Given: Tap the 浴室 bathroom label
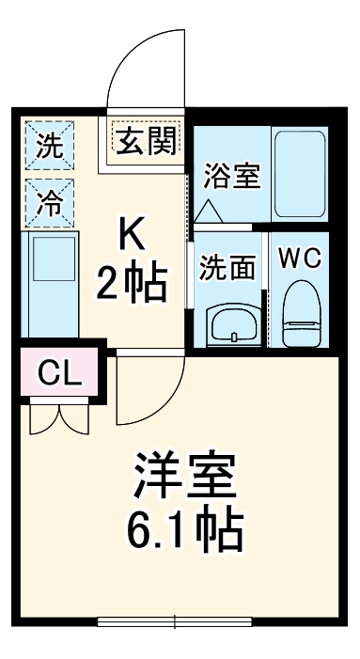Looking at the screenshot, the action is [231, 176].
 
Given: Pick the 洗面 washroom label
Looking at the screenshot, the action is [227, 267].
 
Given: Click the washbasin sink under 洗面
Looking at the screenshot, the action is [229, 324].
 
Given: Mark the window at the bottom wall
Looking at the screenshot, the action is [177, 620].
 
